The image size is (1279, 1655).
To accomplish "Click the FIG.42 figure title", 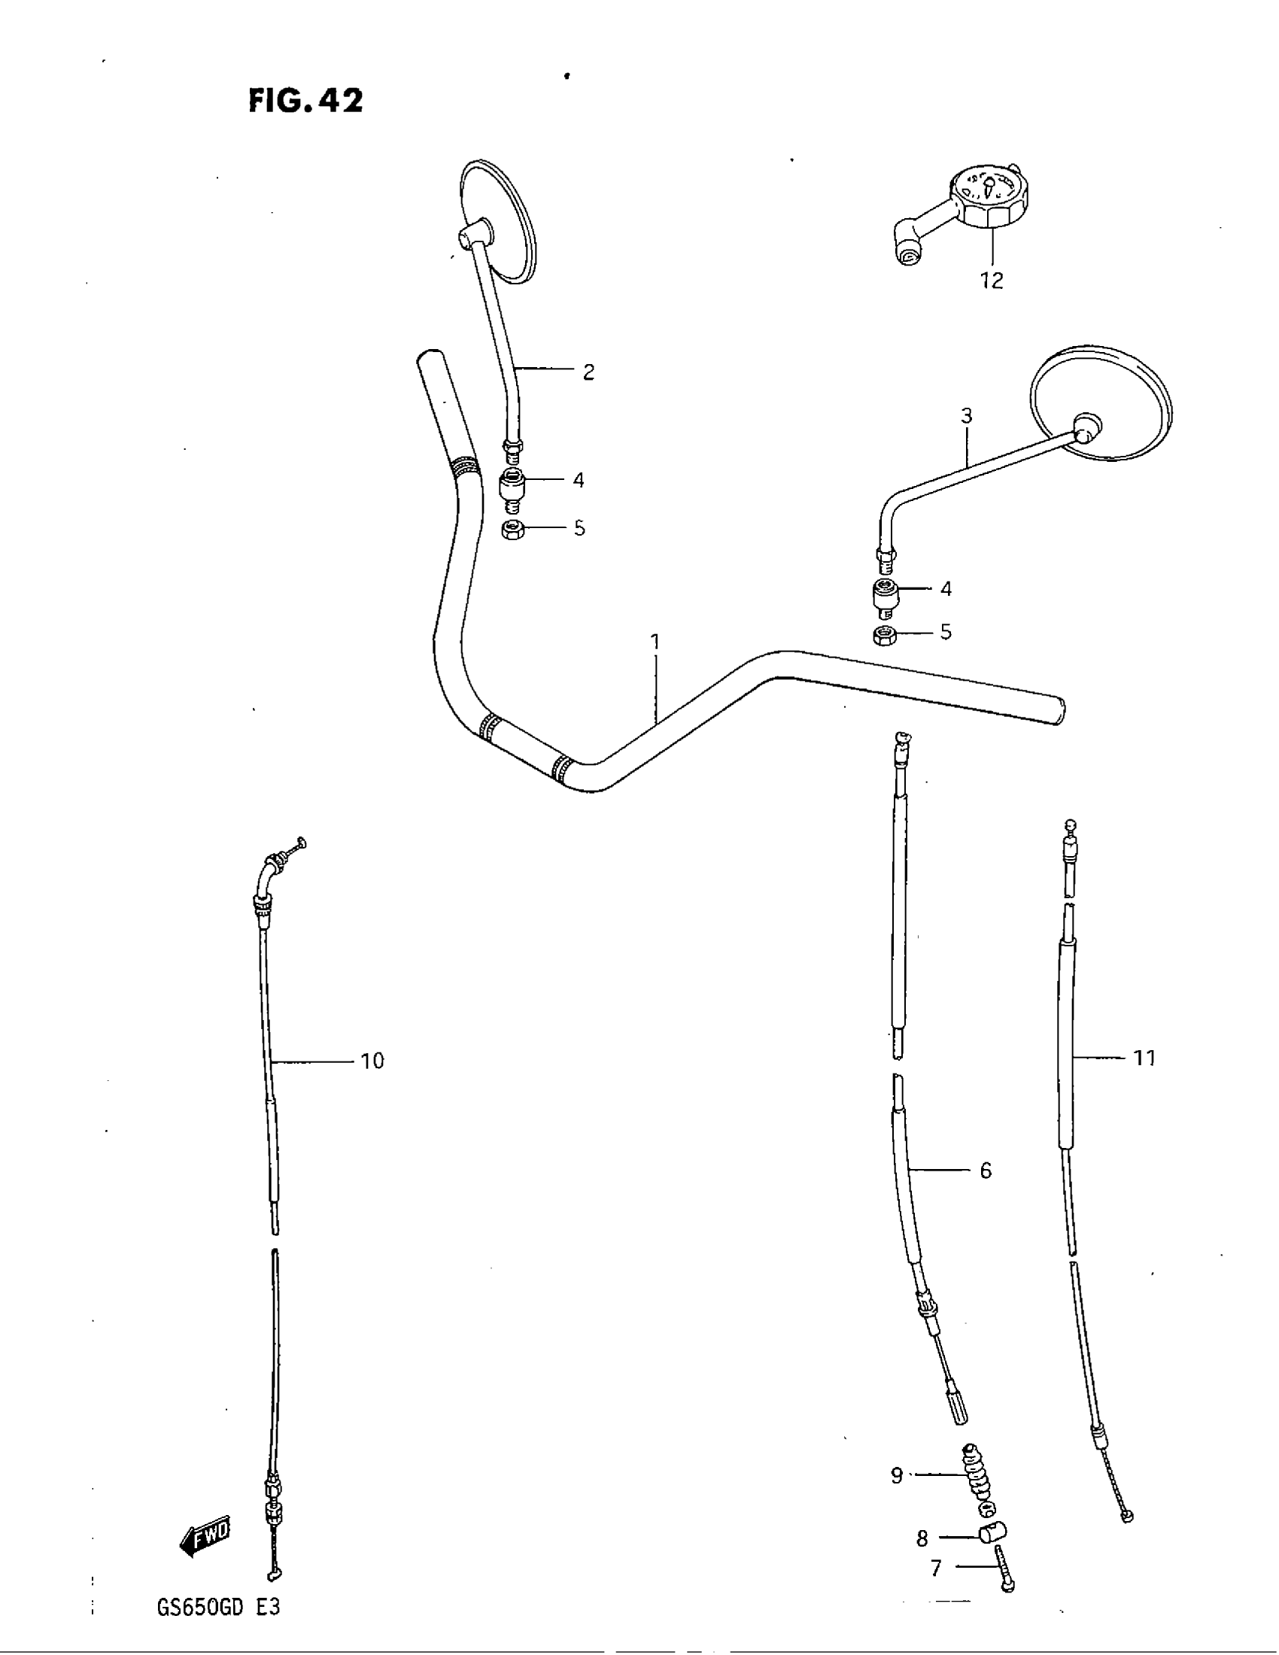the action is click(305, 101).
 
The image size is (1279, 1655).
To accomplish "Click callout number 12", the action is click(991, 281).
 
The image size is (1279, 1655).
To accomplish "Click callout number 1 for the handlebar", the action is click(655, 642).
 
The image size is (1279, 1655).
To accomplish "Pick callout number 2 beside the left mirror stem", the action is click(588, 372).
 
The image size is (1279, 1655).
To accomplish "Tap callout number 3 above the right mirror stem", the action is click(966, 416).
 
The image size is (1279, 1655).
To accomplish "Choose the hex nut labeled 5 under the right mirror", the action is click(883, 635).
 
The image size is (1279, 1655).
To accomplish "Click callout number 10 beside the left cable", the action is click(372, 1061).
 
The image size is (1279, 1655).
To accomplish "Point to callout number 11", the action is click(1144, 1058).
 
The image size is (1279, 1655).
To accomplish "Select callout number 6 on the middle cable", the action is click(985, 1171).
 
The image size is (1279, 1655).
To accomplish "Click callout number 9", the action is click(896, 1475).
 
